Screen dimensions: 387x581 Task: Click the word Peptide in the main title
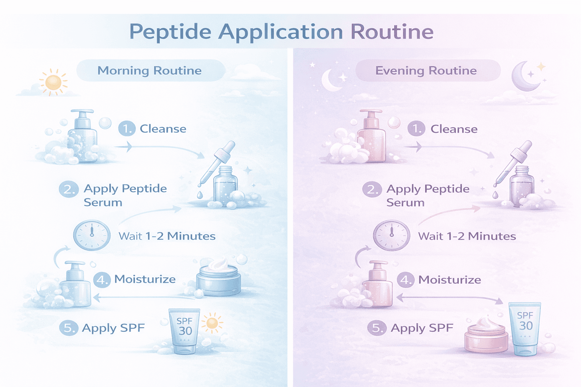pos(170,32)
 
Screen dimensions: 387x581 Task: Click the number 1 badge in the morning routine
pos(127,129)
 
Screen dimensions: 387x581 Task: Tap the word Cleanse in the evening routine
pos(454,129)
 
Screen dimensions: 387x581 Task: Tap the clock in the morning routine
pos(92,235)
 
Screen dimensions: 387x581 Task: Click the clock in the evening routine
pos(391,235)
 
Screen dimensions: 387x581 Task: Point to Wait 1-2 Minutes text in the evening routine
pos(467,237)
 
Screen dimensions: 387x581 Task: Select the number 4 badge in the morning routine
pos(102,280)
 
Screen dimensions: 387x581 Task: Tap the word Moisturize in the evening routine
pos(450,280)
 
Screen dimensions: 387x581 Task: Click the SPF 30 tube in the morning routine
pos(185,331)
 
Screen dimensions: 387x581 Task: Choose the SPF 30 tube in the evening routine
pos(525,328)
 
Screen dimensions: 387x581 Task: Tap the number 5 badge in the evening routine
pos(377,328)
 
